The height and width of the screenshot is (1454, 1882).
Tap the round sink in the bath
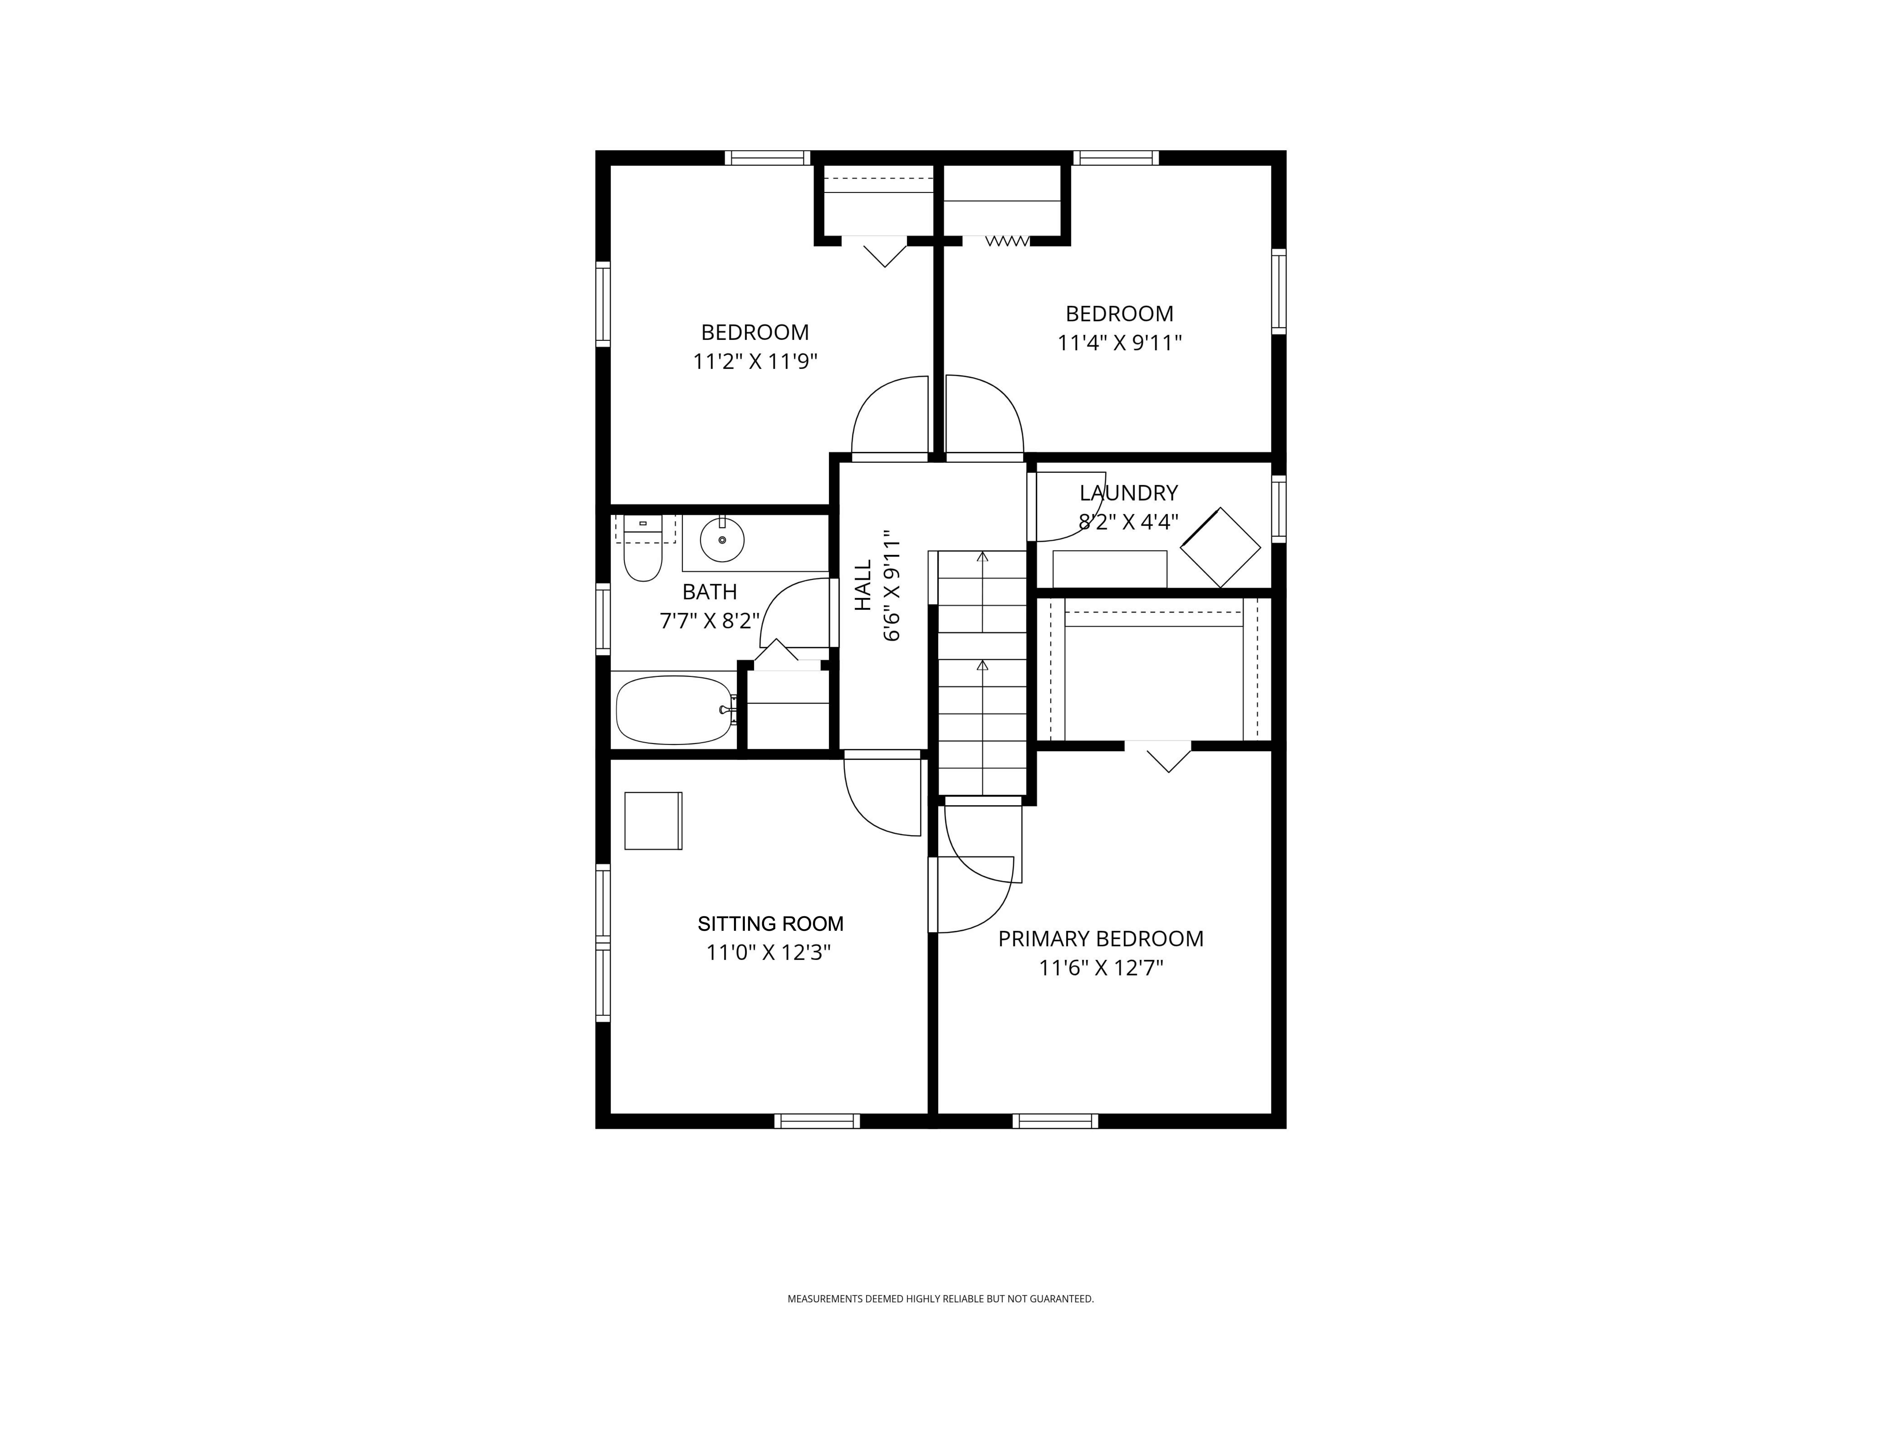coord(722,540)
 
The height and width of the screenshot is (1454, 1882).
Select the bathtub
coord(675,710)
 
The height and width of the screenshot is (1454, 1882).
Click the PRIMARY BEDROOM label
coord(1100,939)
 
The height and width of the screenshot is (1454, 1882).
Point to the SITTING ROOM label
coord(770,924)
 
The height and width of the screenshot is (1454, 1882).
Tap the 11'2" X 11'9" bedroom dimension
coord(755,361)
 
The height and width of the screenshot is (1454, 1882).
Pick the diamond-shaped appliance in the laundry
coord(1220,548)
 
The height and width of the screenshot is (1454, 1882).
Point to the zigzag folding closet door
coord(1007,241)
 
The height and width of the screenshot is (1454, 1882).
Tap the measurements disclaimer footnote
coord(940,1323)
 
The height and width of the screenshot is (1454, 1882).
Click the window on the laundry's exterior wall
coord(1279,509)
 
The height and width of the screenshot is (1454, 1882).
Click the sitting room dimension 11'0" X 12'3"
coord(769,953)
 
